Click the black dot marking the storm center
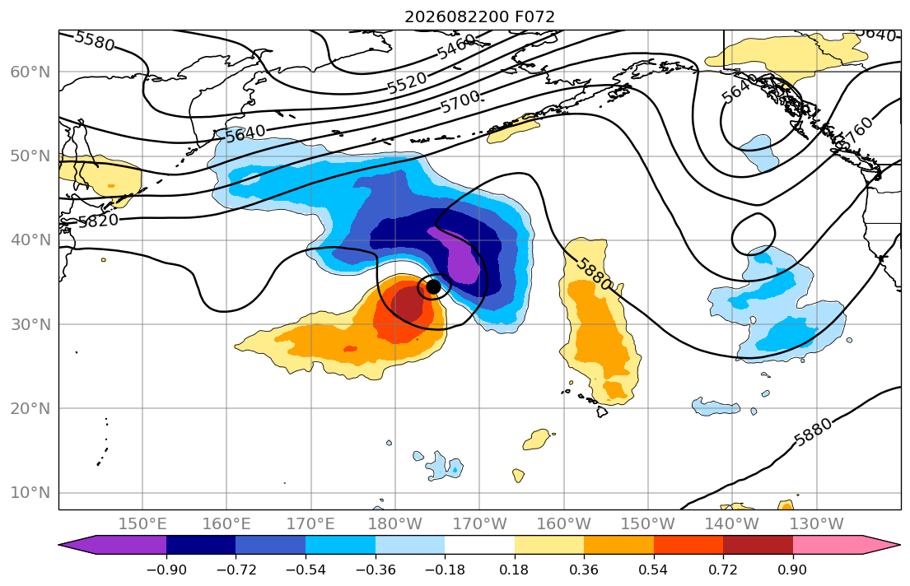click(x=433, y=286)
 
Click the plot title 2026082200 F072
click(x=479, y=16)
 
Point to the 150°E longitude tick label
click(x=142, y=524)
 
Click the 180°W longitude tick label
click(x=396, y=524)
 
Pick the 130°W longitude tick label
click(x=817, y=524)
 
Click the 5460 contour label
click(x=456, y=47)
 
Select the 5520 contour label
click(x=408, y=83)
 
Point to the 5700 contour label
click(x=460, y=102)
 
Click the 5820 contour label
click(x=98, y=221)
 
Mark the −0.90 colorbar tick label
click(x=166, y=570)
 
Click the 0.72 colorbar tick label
click(x=723, y=570)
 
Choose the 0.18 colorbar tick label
click(x=514, y=570)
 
